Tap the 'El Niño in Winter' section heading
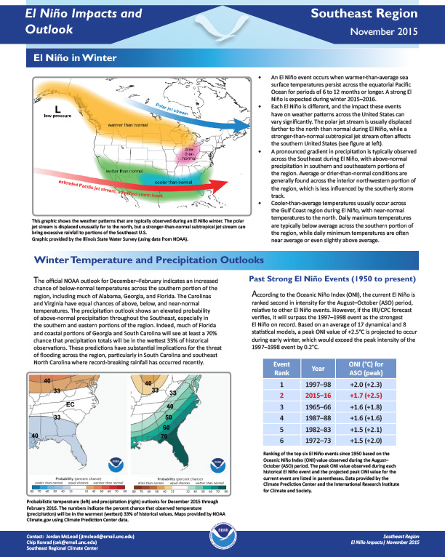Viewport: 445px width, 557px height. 70,57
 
